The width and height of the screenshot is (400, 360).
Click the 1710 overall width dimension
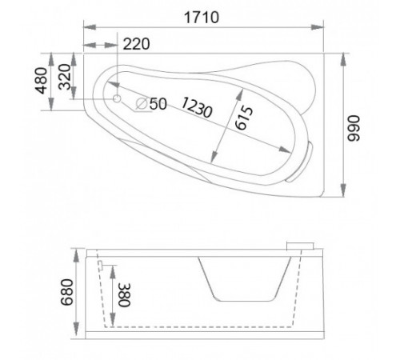pyautogui.click(x=202, y=18)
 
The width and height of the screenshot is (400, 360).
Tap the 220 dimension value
pyautogui.click(x=136, y=44)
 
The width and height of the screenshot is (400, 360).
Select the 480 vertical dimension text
pyautogui.click(x=42, y=81)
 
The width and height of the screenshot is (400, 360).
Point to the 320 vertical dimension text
pyautogui.click(x=65, y=77)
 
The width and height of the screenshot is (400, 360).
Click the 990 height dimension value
pyautogui.click(x=354, y=128)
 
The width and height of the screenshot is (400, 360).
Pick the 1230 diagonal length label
pyautogui.click(x=197, y=107)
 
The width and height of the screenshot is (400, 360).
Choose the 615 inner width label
pyautogui.click(x=244, y=118)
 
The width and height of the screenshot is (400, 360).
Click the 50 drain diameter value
pyautogui.click(x=158, y=104)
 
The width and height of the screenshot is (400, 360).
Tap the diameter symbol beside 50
pyautogui.click(x=142, y=103)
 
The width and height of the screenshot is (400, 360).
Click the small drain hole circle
pyautogui.click(x=117, y=98)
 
